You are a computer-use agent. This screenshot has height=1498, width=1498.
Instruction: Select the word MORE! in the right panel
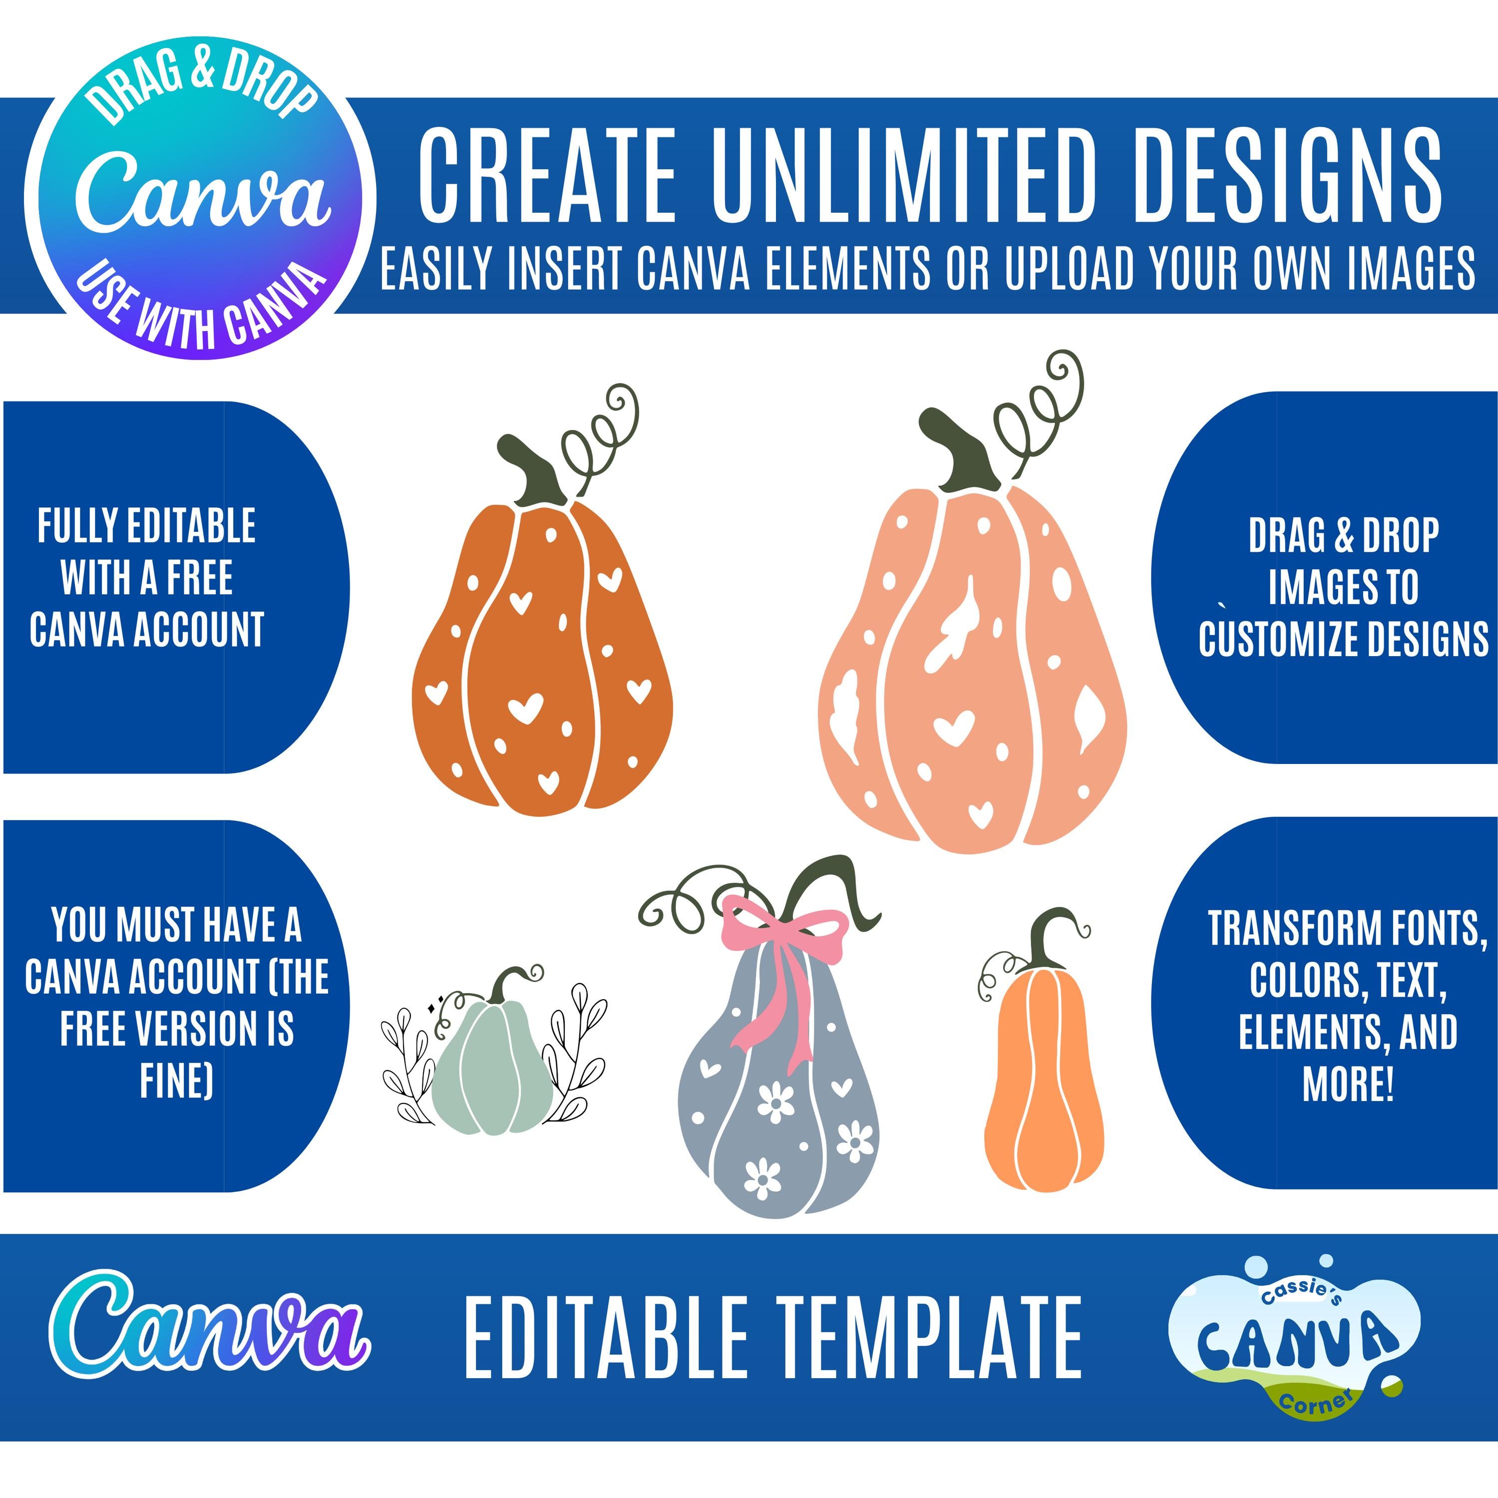coord(1348,1084)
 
